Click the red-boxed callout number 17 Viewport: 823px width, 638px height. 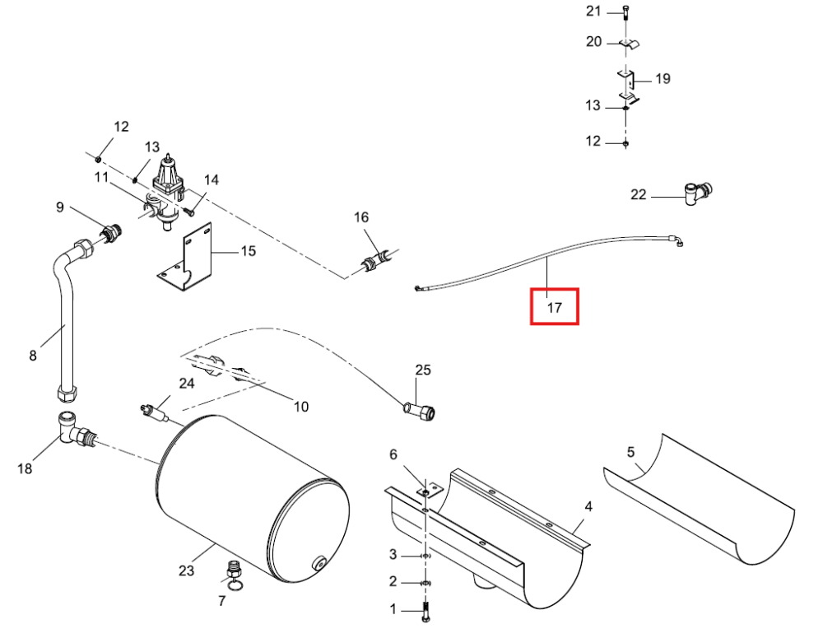click(554, 307)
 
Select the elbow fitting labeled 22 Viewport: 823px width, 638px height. click(698, 193)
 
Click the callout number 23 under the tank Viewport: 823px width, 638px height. click(186, 570)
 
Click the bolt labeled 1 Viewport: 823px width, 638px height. click(425, 612)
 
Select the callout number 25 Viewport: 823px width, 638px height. click(423, 370)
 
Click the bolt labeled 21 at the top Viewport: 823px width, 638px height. click(625, 12)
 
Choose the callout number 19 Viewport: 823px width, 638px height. click(663, 79)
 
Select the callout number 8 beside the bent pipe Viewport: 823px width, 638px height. click(33, 356)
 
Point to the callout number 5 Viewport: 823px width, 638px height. click(630, 452)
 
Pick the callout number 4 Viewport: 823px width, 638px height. click(588, 507)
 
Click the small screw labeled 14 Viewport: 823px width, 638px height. click(189, 212)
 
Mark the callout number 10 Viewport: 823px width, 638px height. click(300, 407)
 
